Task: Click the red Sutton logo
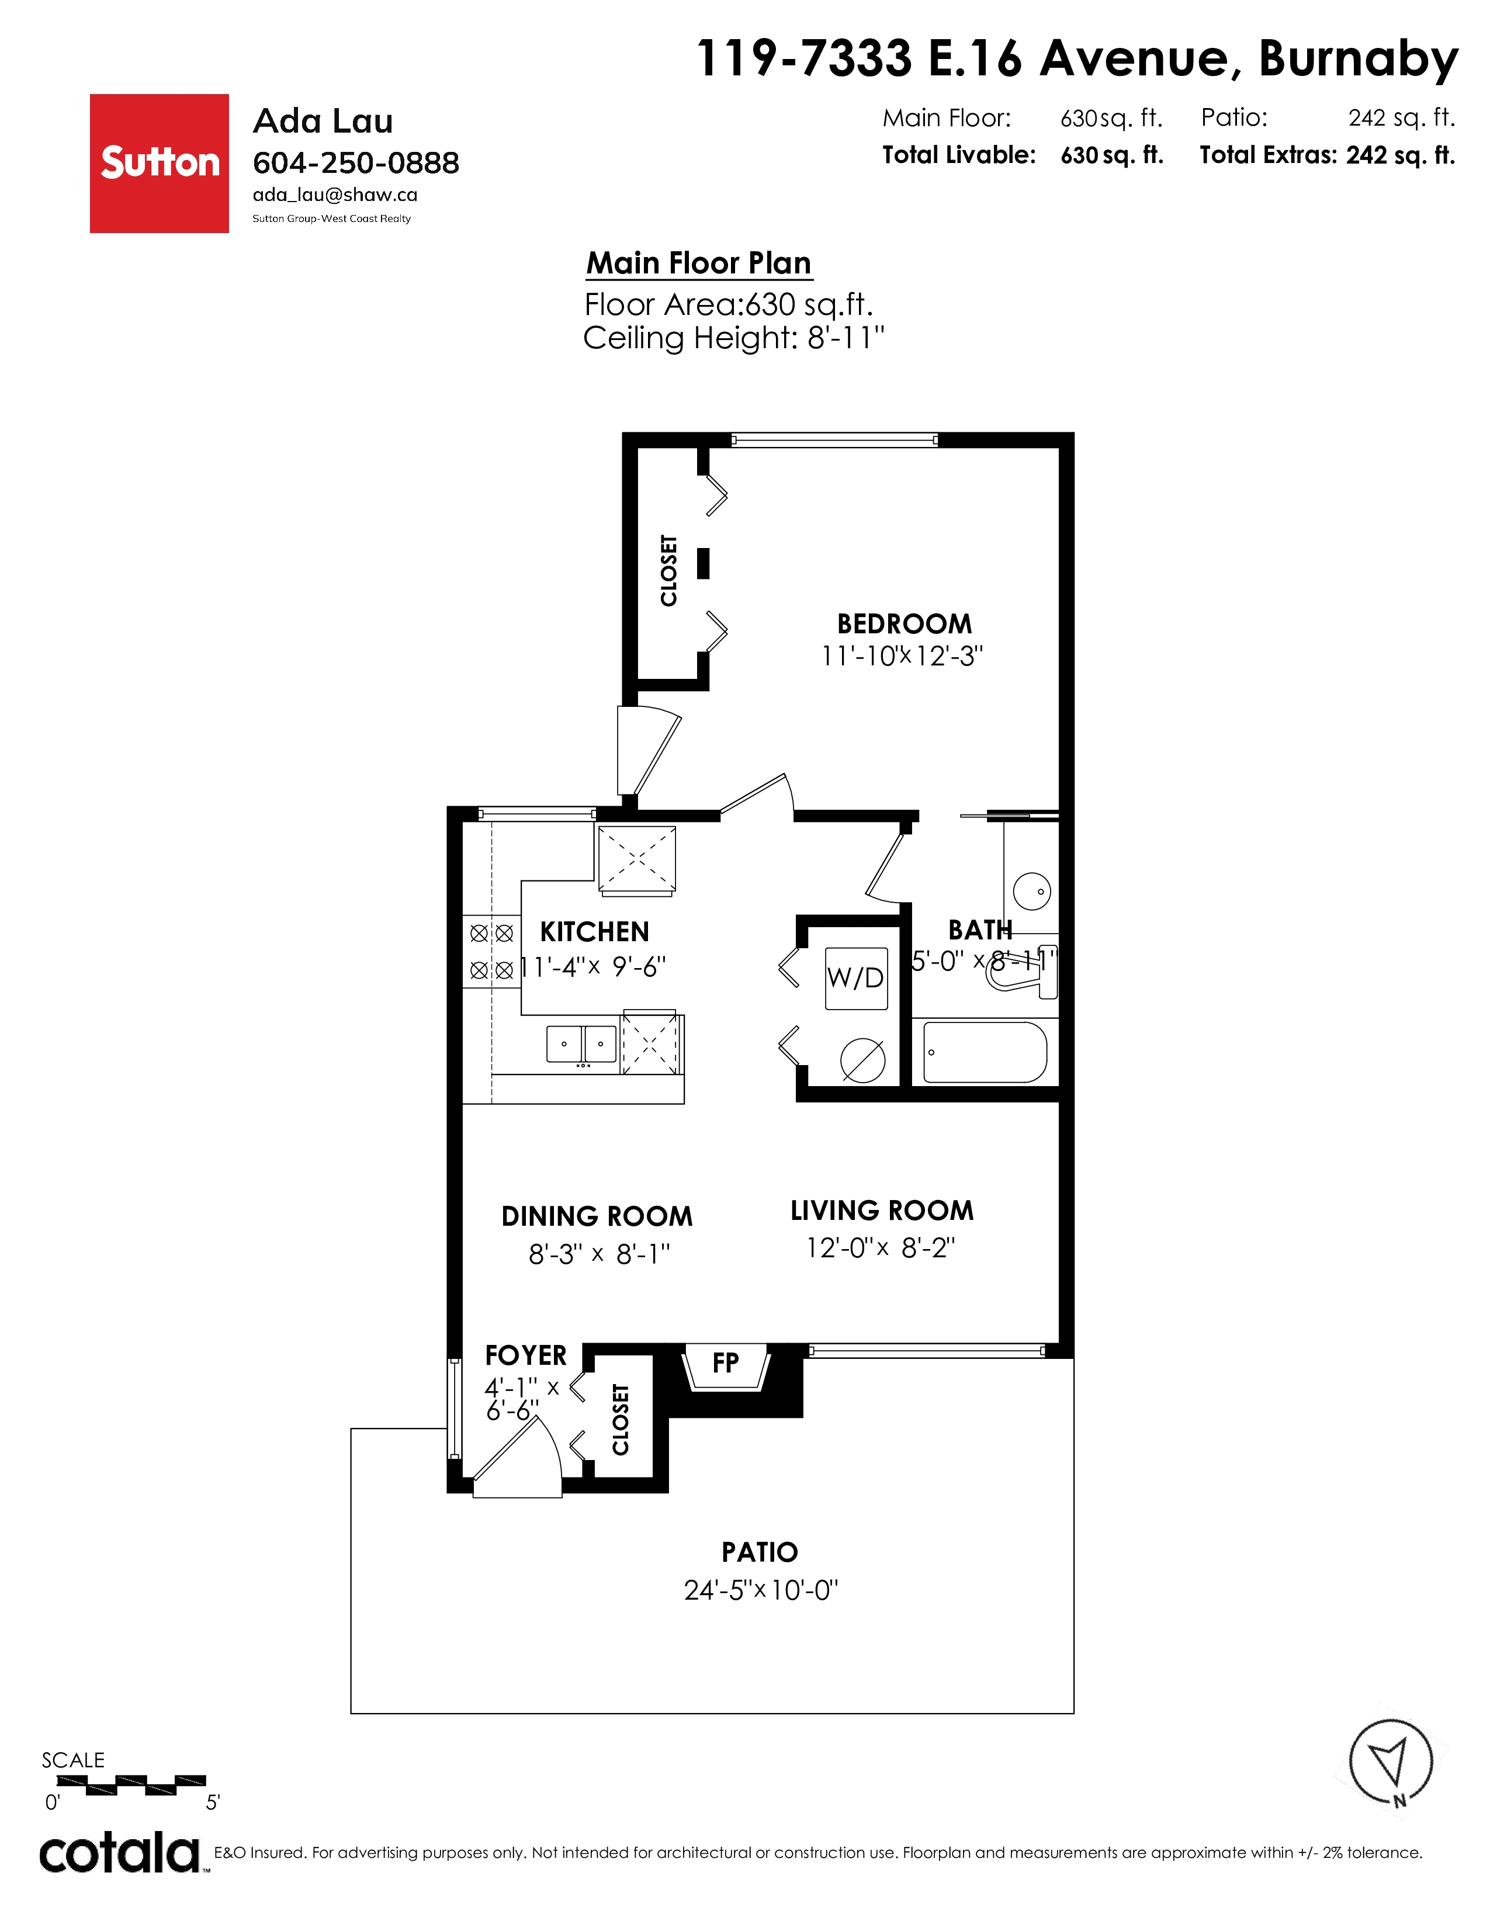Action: [x=159, y=164]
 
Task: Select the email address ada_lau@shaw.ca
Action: [x=335, y=195]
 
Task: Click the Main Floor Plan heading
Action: [x=699, y=263]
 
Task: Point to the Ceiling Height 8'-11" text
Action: [x=733, y=337]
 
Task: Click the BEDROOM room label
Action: [x=904, y=624]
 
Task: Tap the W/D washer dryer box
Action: [x=855, y=978]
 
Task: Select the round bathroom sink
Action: [x=1032, y=891]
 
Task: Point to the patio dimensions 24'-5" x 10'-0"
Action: [x=761, y=1590]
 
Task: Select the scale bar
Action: [x=131, y=1785]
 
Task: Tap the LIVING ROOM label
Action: [x=882, y=1211]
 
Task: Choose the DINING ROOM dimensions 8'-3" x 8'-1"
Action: [x=600, y=1254]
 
